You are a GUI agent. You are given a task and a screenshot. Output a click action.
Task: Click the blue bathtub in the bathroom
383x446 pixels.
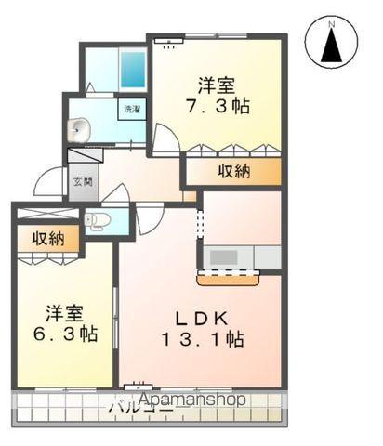(x=131, y=69)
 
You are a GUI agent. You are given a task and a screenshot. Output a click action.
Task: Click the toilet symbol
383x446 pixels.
(x=99, y=220)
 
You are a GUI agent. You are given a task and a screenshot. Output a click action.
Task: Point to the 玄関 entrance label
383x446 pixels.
(x=81, y=182)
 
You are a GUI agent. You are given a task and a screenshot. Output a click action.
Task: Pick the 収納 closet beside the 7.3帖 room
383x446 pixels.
(x=233, y=171)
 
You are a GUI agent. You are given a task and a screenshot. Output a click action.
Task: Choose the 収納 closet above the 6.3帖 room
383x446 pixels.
(x=48, y=239)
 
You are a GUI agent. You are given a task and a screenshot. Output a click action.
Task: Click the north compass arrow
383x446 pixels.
(x=331, y=44)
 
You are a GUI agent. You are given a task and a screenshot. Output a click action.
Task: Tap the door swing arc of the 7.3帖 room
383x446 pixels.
(x=165, y=140)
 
